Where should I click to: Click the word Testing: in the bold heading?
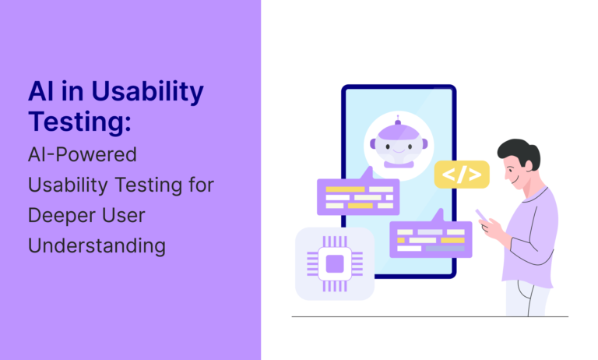79,122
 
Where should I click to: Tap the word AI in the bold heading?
40,92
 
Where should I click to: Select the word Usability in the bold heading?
147,93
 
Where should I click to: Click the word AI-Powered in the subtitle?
83,154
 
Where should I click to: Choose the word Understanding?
97,245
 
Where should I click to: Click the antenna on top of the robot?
398,120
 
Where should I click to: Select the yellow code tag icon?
462,175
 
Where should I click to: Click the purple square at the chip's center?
335,264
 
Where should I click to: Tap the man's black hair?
520,152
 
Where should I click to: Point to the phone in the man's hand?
482,215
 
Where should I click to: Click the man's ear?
529,164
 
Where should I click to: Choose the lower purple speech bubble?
431,235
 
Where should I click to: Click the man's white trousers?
527,299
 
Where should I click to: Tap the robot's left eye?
388,146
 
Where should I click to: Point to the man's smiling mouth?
515,181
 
